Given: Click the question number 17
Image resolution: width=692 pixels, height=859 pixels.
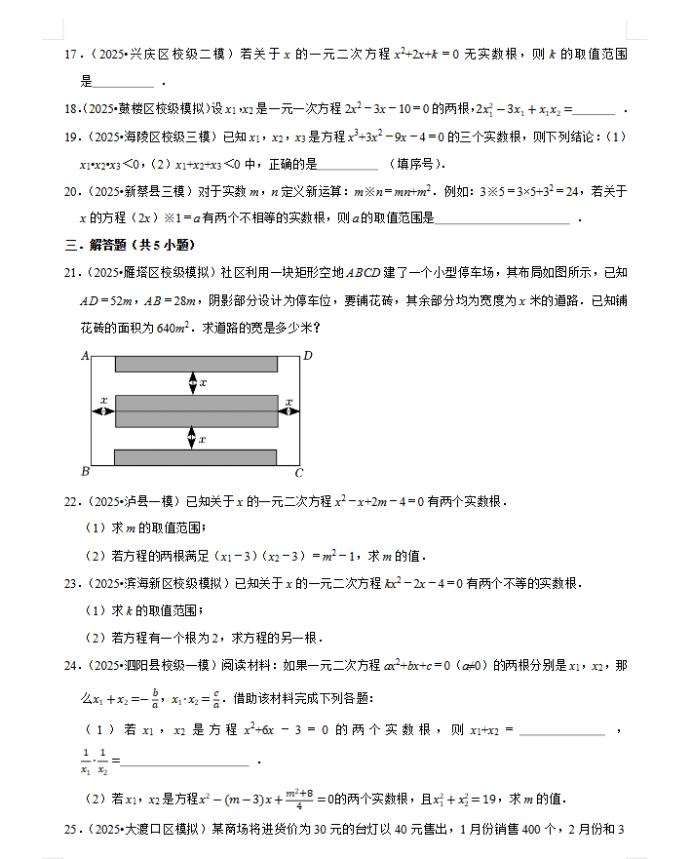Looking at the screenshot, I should click(x=71, y=56).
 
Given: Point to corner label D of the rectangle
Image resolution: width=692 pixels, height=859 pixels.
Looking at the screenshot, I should click(x=308, y=356).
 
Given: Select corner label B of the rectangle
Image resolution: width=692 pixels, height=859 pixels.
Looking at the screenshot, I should click(x=86, y=473).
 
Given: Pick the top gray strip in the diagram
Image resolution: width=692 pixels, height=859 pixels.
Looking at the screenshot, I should click(x=197, y=365).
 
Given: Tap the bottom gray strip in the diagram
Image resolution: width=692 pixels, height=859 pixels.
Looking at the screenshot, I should click(x=197, y=457).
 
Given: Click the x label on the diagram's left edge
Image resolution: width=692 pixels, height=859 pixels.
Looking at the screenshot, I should click(x=103, y=400).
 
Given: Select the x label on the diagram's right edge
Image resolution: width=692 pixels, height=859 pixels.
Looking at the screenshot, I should click(x=289, y=400).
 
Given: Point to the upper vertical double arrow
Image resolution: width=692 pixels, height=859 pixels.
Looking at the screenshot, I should click(x=193, y=383).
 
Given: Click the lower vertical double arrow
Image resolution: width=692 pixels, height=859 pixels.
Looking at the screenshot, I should click(x=193, y=439).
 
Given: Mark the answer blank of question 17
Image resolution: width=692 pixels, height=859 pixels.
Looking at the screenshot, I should click(x=125, y=84).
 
